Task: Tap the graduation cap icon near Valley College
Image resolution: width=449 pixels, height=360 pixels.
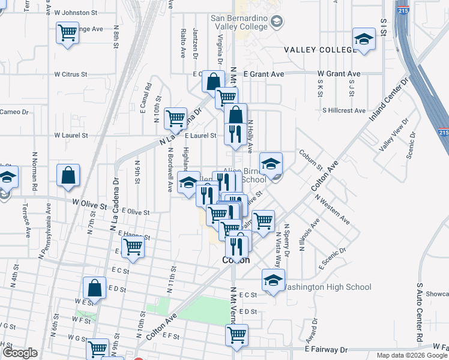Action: coord(363,40)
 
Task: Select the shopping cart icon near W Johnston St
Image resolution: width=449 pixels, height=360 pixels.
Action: coord(68,32)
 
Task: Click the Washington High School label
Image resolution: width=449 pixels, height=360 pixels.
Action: coord(327,287)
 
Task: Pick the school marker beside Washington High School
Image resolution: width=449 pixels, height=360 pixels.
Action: coord(273,280)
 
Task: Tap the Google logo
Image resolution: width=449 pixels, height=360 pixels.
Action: coord(20,353)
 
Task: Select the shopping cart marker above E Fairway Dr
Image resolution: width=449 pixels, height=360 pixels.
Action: coord(237,335)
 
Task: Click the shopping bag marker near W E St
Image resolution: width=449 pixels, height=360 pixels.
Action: coord(94,288)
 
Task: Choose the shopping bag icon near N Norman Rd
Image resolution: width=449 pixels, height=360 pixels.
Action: coord(68,176)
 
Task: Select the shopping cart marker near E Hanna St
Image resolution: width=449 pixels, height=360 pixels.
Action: coord(133,246)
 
